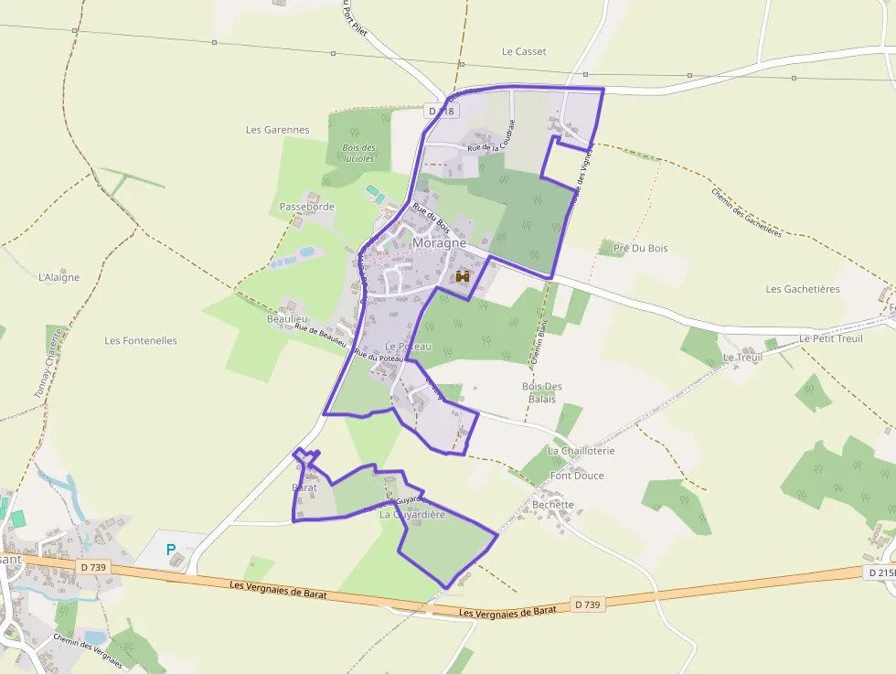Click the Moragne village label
(439, 243)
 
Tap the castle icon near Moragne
(463, 276)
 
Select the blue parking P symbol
(170, 550)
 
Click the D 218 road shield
(441, 111)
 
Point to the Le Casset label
(524, 52)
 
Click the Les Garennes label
(278, 130)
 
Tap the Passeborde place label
(307, 208)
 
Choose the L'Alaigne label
(59, 278)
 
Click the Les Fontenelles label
(141, 341)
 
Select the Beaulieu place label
(287, 318)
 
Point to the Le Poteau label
(408, 348)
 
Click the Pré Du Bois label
(640, 249)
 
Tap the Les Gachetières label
(802, 290)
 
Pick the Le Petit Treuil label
(830, 338)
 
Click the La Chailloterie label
(581, 451)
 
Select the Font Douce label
(577, 476)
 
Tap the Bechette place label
(553, 505)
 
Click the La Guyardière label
(412, 515)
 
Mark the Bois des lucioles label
(358, 153)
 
